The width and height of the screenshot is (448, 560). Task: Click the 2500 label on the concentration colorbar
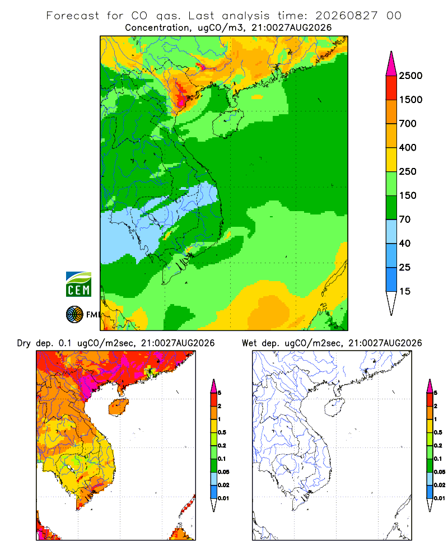tap(410, 76)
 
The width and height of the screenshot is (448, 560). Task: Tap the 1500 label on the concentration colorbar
tap(410, 100)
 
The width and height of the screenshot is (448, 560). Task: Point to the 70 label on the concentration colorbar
tap(404, 220)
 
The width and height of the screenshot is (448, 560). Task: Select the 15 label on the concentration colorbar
tap(404, 291)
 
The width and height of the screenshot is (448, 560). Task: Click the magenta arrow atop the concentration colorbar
tap(391, 64)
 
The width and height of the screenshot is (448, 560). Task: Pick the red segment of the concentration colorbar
tap(391, 88)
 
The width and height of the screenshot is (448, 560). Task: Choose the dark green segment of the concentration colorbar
tap(391, 208)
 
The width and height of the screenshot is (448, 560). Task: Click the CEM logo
tap(78, 284)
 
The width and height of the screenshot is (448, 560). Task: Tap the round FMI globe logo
tap(74, 315)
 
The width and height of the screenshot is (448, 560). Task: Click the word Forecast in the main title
tap(73, 16)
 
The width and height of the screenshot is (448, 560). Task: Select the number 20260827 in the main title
tap(346, 16)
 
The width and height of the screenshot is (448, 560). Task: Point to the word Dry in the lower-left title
tap(24, 343)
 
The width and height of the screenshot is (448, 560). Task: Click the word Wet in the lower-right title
tap(249, 343)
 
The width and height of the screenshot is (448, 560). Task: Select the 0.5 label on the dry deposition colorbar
tap(222, 432)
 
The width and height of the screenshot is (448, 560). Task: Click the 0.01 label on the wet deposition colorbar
tap(440, 498)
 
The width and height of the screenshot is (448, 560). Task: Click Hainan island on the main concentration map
tap(228, 123)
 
